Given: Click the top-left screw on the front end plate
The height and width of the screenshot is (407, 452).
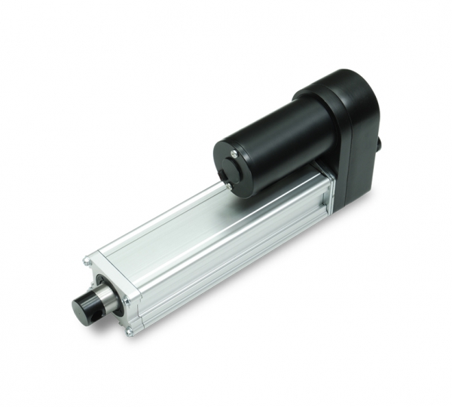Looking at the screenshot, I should tap(87, 262).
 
